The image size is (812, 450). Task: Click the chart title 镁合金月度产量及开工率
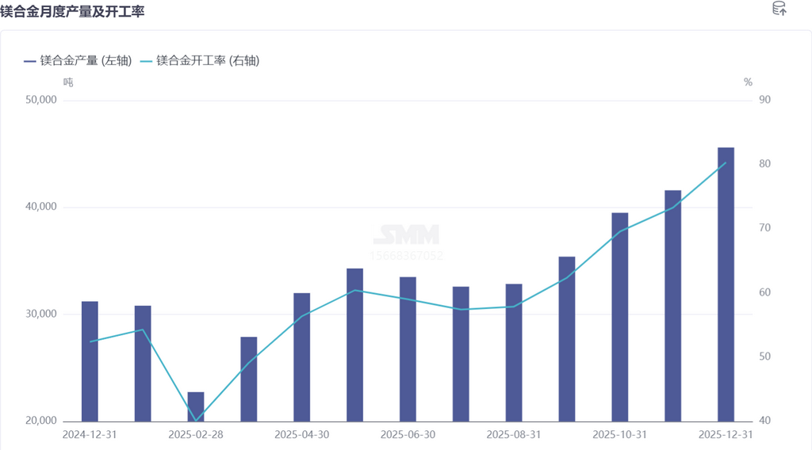(x=72, y=12)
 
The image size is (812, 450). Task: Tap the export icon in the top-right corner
(x=779, y=10)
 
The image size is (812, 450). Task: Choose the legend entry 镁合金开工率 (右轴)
(x=200, y=60)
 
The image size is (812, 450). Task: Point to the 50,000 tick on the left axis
(x=41, y=100)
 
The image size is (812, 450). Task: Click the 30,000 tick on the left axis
(x=41, y=315)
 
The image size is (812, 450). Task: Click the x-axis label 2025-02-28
(x=196, y=435)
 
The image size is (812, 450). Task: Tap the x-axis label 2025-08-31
(x=514, y=435)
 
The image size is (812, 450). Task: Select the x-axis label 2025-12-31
(x=726, y=435)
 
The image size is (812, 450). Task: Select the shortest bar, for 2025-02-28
(x=196, y=406)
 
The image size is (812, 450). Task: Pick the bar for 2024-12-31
(x=90, y=361)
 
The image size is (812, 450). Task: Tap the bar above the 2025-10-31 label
(x=620, y=317)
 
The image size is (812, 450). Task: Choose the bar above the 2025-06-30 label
(x=408, y=349)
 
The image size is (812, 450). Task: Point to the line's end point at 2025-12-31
(x=726, y=163)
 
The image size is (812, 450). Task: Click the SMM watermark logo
(x=406, y=235)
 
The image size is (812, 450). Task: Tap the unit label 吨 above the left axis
(x=68, y=82)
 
